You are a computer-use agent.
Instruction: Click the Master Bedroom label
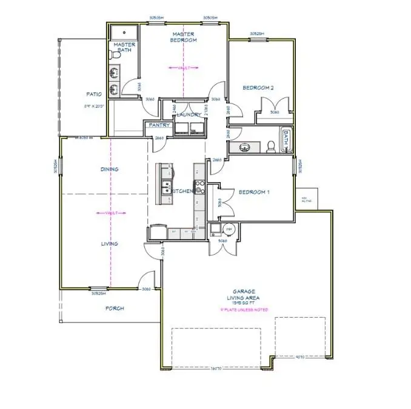[184, 37]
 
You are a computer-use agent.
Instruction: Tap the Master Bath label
[124, 48]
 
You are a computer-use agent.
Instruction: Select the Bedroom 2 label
[258, 88]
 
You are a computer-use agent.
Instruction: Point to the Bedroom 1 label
[254, 192]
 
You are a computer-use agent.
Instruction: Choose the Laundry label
[189, 115]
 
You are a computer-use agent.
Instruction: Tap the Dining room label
[109, 169]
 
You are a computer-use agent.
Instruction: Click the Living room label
[109, 244]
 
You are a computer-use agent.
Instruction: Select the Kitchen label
[182, 191]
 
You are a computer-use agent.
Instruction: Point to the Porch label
[114, 308]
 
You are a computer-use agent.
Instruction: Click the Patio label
[93, 94]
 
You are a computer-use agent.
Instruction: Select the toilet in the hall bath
[271, 146]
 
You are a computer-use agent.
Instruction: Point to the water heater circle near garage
[228, 229]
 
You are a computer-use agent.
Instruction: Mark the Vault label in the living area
[110, 213]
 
